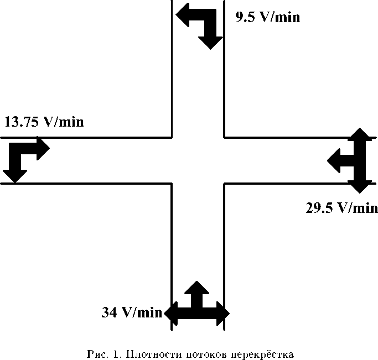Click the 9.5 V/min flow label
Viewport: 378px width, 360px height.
(x=267, y=17)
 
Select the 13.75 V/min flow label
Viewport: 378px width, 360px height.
(x=44, y=122)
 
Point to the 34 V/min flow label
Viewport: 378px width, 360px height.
(x=132, y=312)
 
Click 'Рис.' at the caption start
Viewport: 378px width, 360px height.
(x=97, y=353)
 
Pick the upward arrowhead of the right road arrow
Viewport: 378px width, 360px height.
(x=359, y=136)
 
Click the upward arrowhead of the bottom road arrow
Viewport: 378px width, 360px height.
(x=196, y=289)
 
